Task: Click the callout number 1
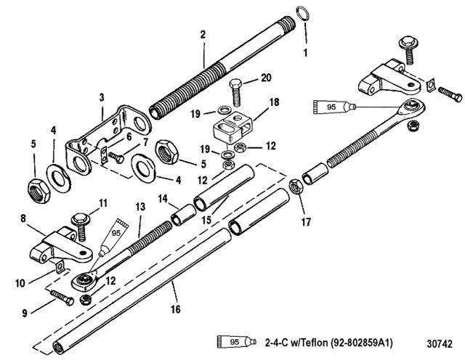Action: point(306,53)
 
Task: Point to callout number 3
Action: point(102,97)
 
